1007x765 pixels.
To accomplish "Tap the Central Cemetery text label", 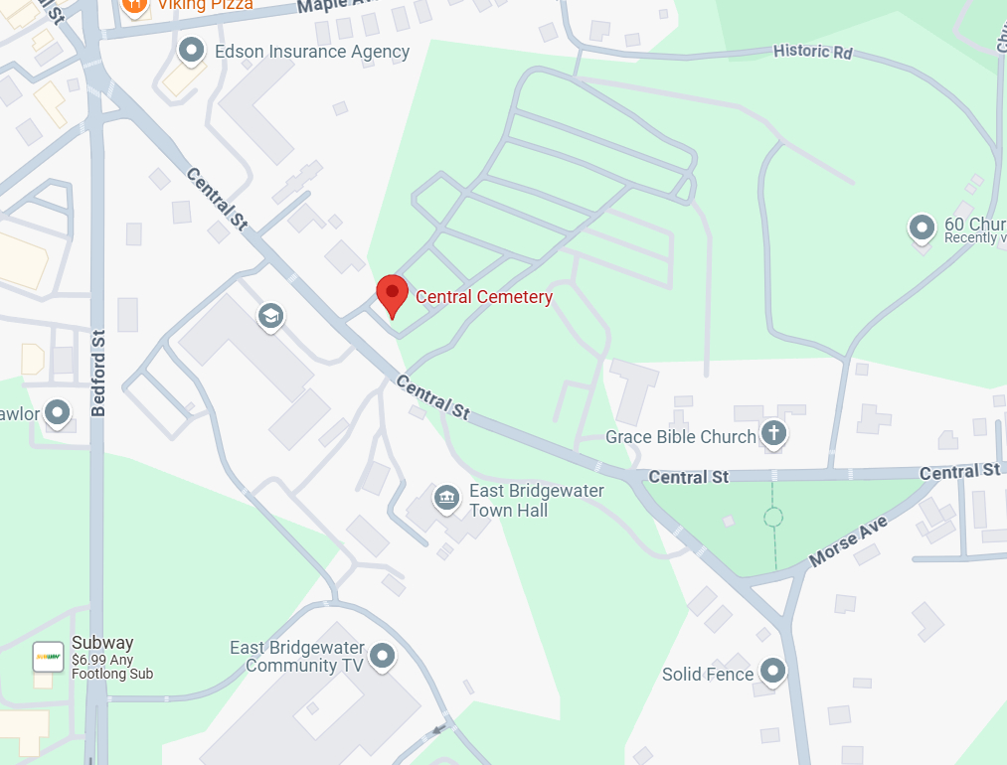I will pos(484,297).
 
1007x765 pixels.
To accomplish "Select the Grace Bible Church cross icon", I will pos(773,432).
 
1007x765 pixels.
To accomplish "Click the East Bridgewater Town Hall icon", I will pos(446,496).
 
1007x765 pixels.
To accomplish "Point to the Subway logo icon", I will pos(48,656).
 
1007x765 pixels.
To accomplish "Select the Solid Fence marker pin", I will pos(772,671).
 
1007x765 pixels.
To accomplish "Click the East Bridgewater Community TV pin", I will pos(382,656).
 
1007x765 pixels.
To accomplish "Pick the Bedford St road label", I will pos(97,373).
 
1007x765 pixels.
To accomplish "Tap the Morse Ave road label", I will pos(847,541).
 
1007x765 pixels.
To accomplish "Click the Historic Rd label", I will pos(813,51).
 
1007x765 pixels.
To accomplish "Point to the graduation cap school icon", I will pos(269,317).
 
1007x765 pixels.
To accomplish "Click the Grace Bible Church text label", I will pos(681,437).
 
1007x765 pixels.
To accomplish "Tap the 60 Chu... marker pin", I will pos(923,228).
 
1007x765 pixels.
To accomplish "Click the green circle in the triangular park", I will pos(773,517).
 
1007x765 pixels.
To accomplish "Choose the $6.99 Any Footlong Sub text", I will pos(111,667).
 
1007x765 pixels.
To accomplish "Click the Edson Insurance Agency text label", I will pos(312,52).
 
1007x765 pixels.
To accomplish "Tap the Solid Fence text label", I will pos(708,675).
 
